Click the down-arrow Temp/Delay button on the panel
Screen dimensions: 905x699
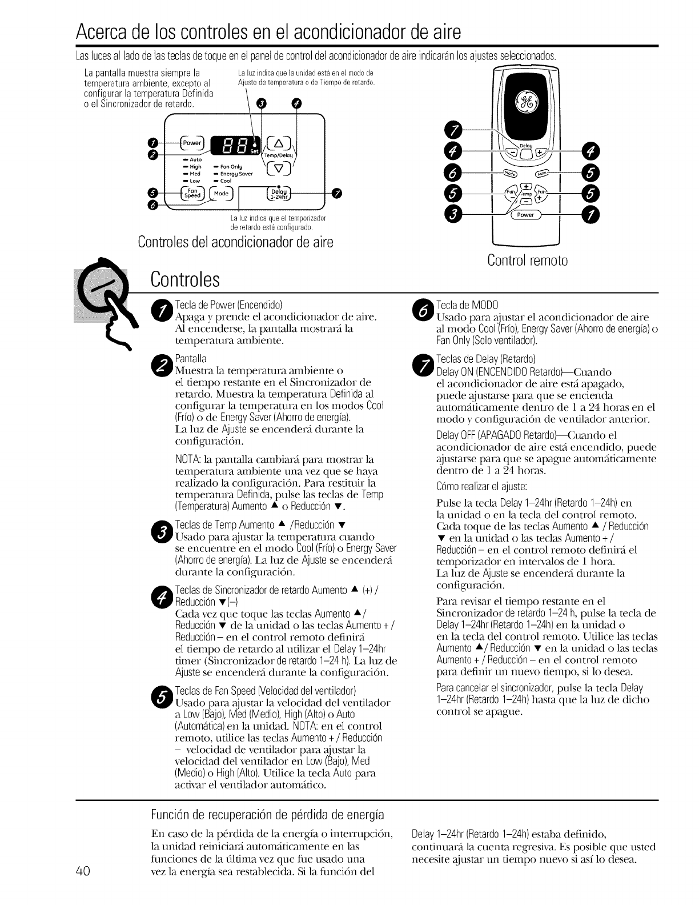[x=279, y=168]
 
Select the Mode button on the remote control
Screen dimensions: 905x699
[x=507, y=174]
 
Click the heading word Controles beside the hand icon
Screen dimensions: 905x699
[x=185, y=279]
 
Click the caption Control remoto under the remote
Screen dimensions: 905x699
[x=527, y=261]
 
